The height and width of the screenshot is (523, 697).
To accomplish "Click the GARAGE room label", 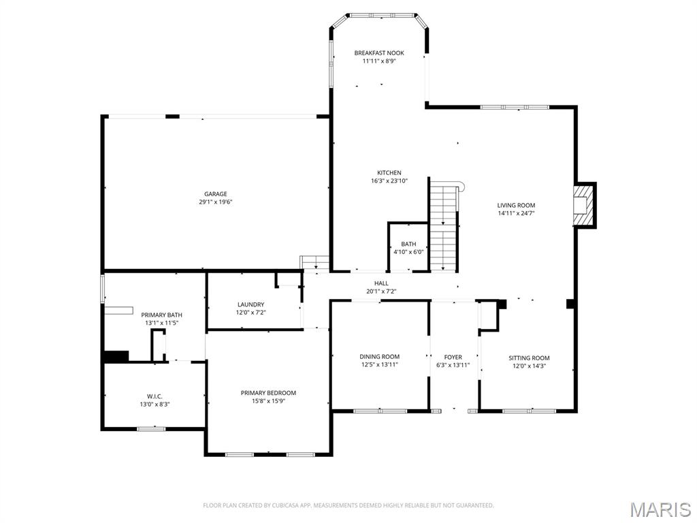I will point(216,194).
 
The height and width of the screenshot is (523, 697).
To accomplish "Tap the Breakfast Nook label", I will point(379,53).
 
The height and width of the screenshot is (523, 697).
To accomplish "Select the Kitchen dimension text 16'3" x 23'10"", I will point(389,181).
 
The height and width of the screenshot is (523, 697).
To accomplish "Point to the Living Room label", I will point(516,205).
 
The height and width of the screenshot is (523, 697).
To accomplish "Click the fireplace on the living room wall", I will point(583,205).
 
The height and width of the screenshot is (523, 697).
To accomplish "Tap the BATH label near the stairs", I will point(408,244).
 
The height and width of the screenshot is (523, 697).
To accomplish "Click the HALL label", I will point(381,283).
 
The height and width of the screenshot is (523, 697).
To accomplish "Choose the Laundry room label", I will point(250,304).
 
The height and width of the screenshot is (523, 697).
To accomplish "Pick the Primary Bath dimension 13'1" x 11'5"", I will point(161,323).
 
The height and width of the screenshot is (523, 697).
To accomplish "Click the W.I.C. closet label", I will point(155,396).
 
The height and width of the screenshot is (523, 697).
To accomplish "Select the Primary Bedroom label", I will point(268,393).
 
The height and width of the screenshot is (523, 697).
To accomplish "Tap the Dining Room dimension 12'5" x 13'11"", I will point(380,365).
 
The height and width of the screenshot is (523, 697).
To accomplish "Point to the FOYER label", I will point(453,357).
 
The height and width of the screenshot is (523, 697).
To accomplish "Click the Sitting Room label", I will point(529,358).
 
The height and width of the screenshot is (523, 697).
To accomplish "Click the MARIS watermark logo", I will point(660,509).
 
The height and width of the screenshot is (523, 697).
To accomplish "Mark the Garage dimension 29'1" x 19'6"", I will point(216,202).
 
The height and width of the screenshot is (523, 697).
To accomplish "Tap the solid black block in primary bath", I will point(115,356).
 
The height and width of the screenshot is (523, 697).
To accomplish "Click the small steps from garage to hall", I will point(314,262).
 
